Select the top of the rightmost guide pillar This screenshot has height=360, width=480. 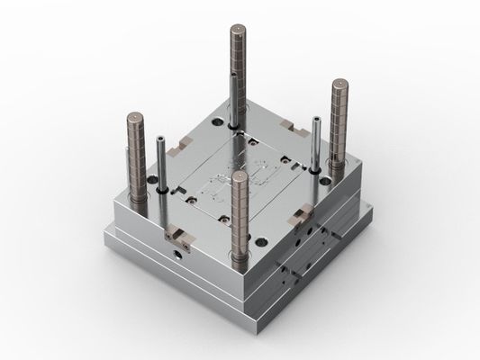pos(340,85)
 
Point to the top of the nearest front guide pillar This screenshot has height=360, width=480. pos(240,176)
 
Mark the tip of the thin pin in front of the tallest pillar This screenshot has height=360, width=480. pos(233,78)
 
